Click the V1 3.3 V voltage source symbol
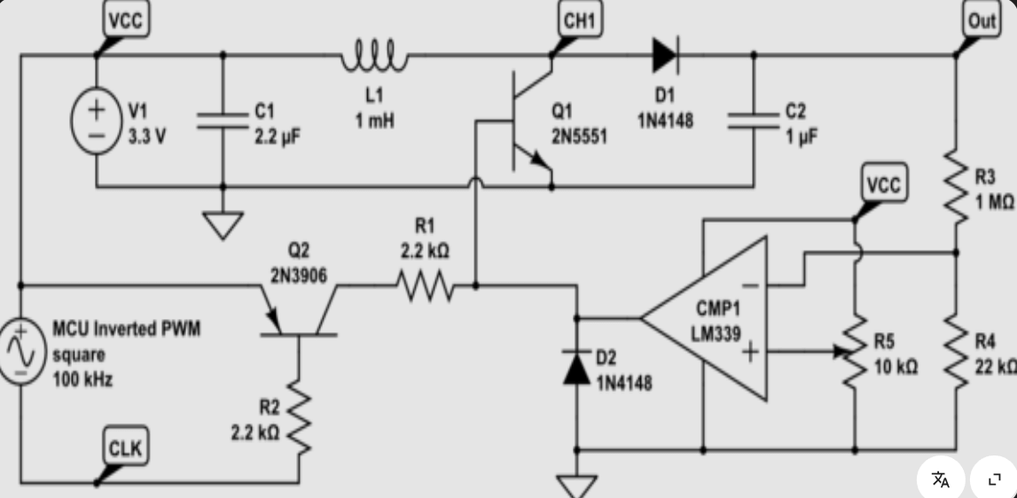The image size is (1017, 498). (x=96, y=121)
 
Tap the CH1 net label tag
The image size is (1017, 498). (x=581, y=21)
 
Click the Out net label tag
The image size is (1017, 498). (x=982, y=21)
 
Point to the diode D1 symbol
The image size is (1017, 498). (x=665, y=55)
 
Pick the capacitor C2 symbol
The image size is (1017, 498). (x=754, y=121)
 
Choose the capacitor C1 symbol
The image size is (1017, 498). (x=223, y=121)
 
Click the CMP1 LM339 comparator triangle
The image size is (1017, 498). (x=709, y=318)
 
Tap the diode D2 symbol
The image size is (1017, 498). (x=577, y=367)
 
